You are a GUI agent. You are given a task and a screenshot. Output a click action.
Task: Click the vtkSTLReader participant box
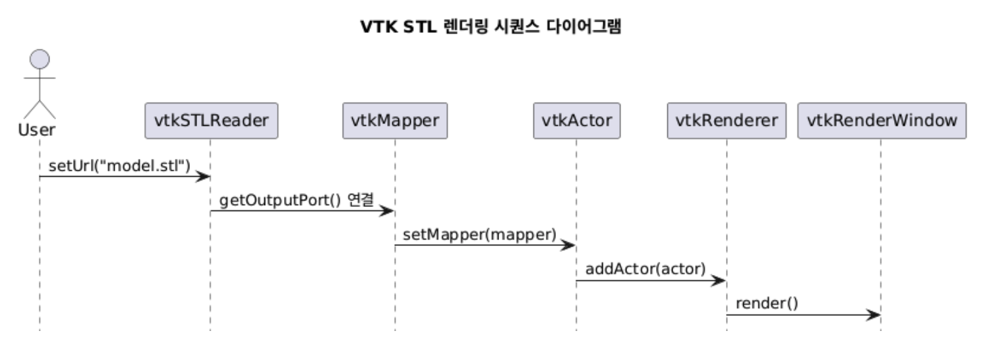(x=211, y=121)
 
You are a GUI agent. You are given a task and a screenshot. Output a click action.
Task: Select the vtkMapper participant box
(x=395, y=121)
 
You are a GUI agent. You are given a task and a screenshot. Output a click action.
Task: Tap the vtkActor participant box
(x=576, y=121)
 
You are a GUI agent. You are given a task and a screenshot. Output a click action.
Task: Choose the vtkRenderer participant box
(x=727, y=121)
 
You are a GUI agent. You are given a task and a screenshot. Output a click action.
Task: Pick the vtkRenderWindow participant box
(x=882, y=121)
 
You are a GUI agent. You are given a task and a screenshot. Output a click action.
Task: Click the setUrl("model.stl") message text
(x=119, y=165)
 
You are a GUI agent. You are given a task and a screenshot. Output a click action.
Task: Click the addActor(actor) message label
(x=646, y=269)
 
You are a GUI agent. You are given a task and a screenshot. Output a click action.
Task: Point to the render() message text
(x=767, y=303)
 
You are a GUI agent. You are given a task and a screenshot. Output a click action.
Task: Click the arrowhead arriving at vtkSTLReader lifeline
(x=204, y=177)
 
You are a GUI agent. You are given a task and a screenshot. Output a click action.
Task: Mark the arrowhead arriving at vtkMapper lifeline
(x=388, y=212)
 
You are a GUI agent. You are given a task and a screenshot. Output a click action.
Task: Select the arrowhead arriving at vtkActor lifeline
(x=570, y=246)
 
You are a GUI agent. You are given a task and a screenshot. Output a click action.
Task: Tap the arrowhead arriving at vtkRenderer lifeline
(x=720, y=281)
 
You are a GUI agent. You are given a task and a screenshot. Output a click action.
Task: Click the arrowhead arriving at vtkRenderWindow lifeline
(x=875, y=315)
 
